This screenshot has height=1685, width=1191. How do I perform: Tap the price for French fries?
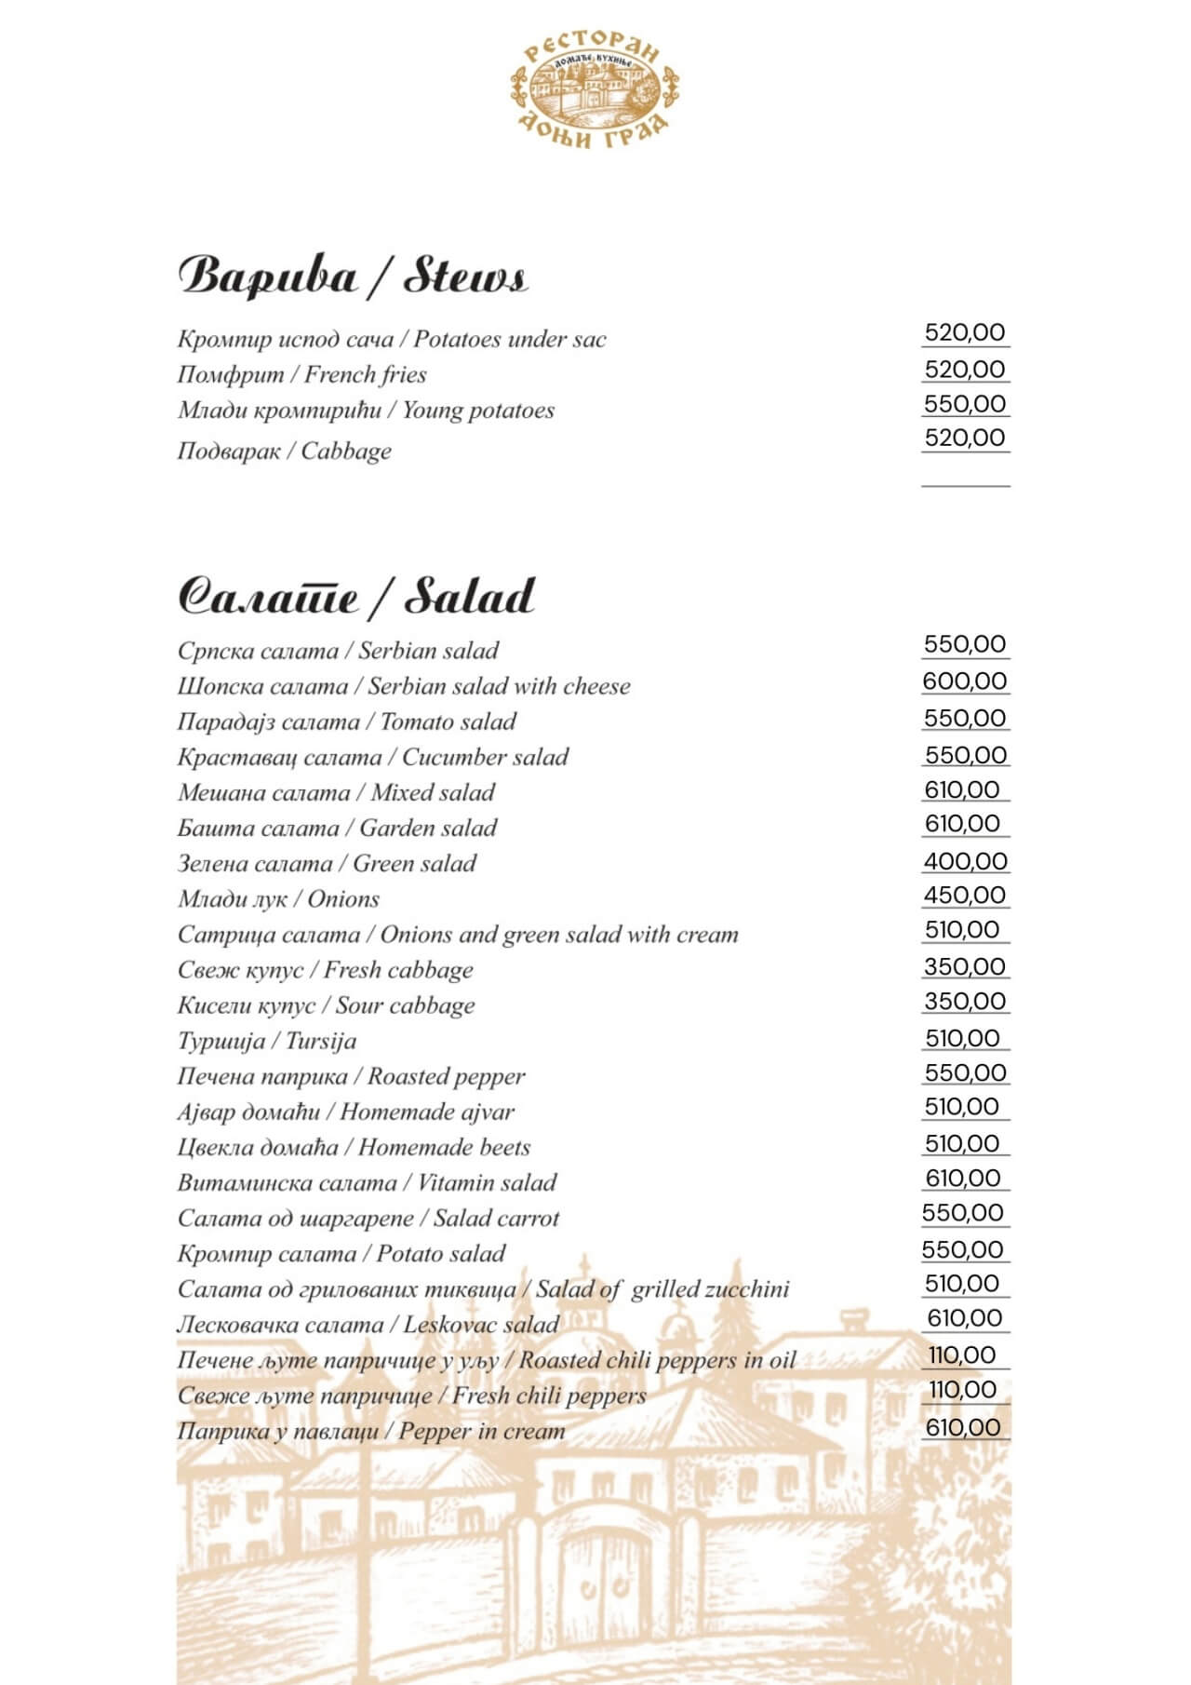(x=965, y=370)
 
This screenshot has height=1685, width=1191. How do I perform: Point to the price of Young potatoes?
(x=965, y=404)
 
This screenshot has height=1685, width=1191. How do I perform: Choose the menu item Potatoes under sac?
(x=391, y=339)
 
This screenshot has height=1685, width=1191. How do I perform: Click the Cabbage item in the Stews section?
(x=284, y=452)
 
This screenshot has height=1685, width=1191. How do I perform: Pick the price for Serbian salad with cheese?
(x=965, y=681)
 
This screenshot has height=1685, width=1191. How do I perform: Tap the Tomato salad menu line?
(x=346, y=722)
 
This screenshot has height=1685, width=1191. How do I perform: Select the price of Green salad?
(x=965, y=861)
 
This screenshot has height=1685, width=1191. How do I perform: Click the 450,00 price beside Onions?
(x=965, y=896)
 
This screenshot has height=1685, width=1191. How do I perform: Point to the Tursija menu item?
(x=267, y=1041)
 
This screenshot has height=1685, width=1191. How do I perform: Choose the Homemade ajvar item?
(x=345, y=1112)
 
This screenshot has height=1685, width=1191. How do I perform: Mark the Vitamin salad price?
(x=963, y=1179)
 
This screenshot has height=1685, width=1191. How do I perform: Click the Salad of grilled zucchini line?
(x=483, y=1289)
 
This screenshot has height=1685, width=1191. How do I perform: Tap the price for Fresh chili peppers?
(x=962, y=1390)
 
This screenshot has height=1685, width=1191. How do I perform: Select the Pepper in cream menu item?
(x=370, y=1431)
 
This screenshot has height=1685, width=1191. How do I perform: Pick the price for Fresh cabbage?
(x=965, y=966)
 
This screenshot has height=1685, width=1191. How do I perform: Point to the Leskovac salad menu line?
(x=368, y=1325)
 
